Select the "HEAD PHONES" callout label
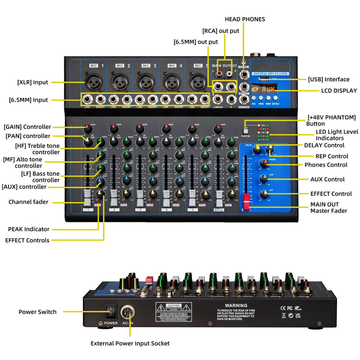click(245, 19)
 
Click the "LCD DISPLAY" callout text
click(339, 90)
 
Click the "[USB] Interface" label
click(328, 79)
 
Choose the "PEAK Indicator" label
click(29, 229)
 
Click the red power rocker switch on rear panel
click(111, 310)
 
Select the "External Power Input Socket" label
click(130, 343)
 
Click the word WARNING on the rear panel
click(236, 305)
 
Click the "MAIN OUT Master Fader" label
click(328, 207)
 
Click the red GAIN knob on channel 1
click(87, 129)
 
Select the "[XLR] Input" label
click(32, 82)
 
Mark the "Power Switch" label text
click(37, 311)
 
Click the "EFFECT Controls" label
click(27, 240)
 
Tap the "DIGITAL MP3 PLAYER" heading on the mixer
click(271, 73)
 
